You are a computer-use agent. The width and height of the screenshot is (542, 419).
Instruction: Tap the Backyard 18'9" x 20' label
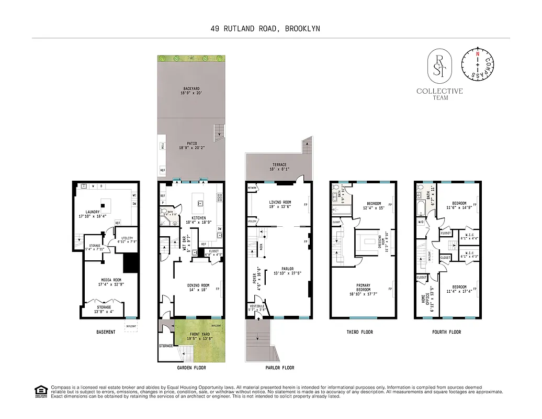coord(191,91)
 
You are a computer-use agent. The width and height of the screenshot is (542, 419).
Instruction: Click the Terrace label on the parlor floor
coord(278,167)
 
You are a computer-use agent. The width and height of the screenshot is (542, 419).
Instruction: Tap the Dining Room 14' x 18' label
coord(198,288)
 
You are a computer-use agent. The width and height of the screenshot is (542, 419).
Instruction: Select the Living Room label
coord(280,204)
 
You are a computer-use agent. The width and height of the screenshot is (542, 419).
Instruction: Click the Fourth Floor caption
coord(446,332)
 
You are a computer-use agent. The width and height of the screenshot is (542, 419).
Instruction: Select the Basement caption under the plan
coord(106,332)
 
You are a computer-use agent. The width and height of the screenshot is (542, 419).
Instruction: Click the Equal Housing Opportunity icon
coord(40,391)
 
